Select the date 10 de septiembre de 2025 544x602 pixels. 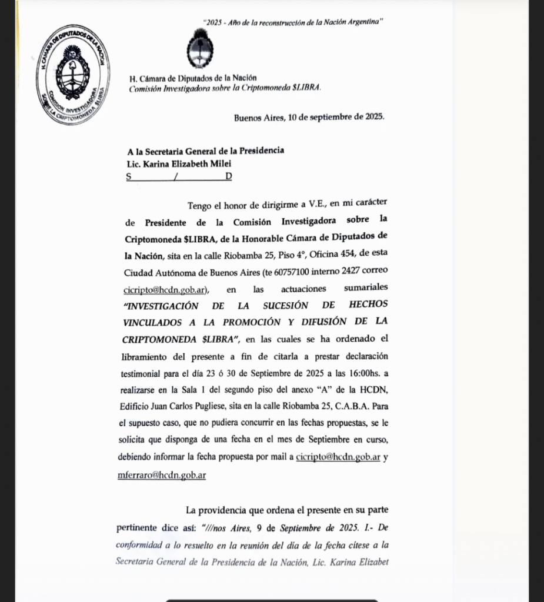pos(336,117)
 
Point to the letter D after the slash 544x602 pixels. pos(229,176)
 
